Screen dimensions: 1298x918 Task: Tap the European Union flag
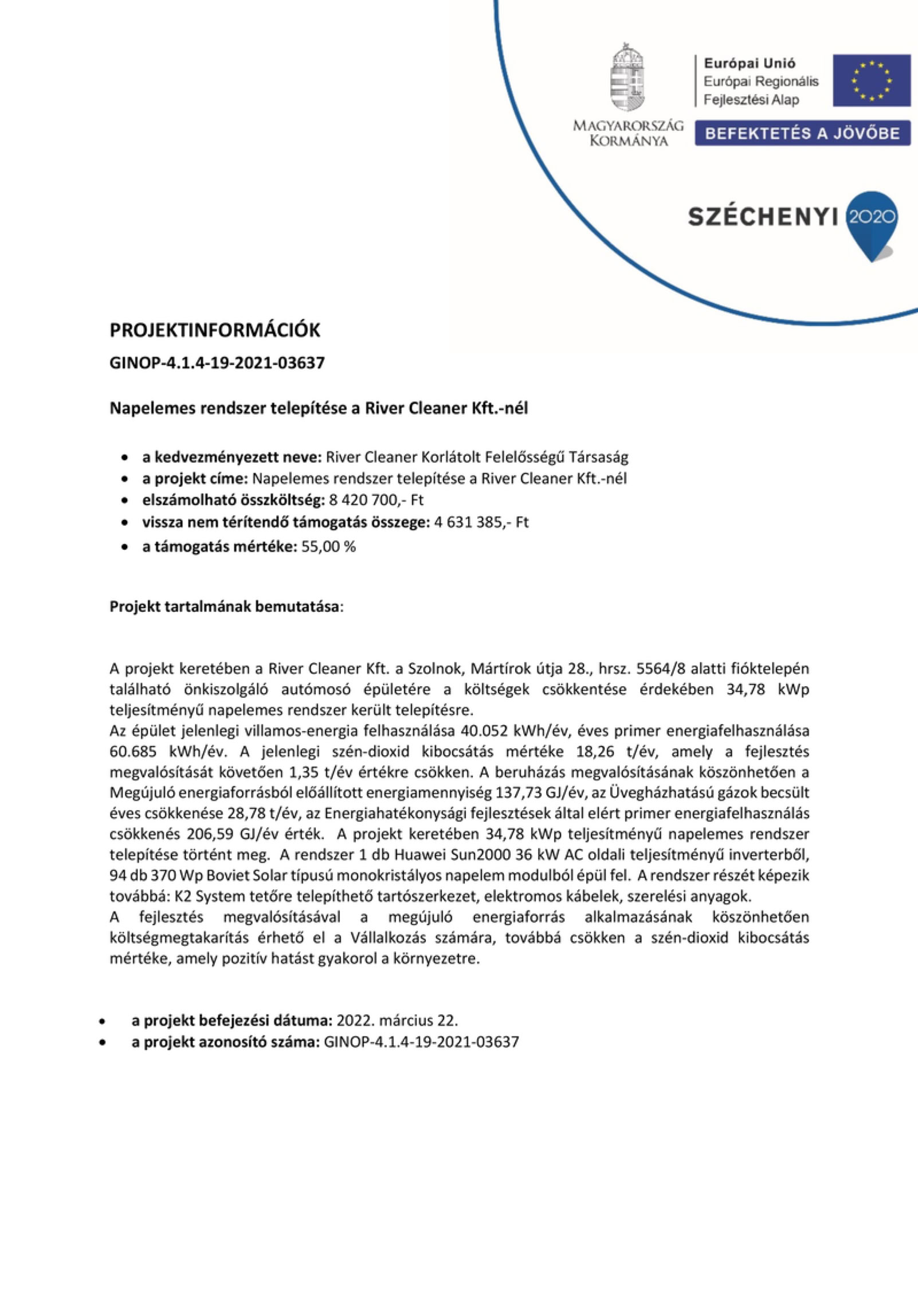(x=871, y=80)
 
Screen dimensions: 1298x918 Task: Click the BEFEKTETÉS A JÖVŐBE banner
(x=802, y=134)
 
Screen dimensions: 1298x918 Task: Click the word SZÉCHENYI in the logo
(x=762, y=217)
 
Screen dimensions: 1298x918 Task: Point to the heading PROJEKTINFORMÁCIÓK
(x=215, y=330)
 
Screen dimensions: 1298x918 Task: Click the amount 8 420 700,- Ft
(x=376, y=500)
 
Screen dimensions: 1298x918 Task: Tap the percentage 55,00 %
(x=328, y=546)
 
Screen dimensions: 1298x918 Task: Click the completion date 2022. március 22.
(x=397, y=1021)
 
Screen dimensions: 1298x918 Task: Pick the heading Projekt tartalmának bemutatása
(x=225, y=607)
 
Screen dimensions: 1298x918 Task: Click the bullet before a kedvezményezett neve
(x=124, y=458)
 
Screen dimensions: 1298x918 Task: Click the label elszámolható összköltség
(x=234, y=500)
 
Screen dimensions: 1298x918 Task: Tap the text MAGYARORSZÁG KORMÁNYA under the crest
(x=628, y=133)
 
